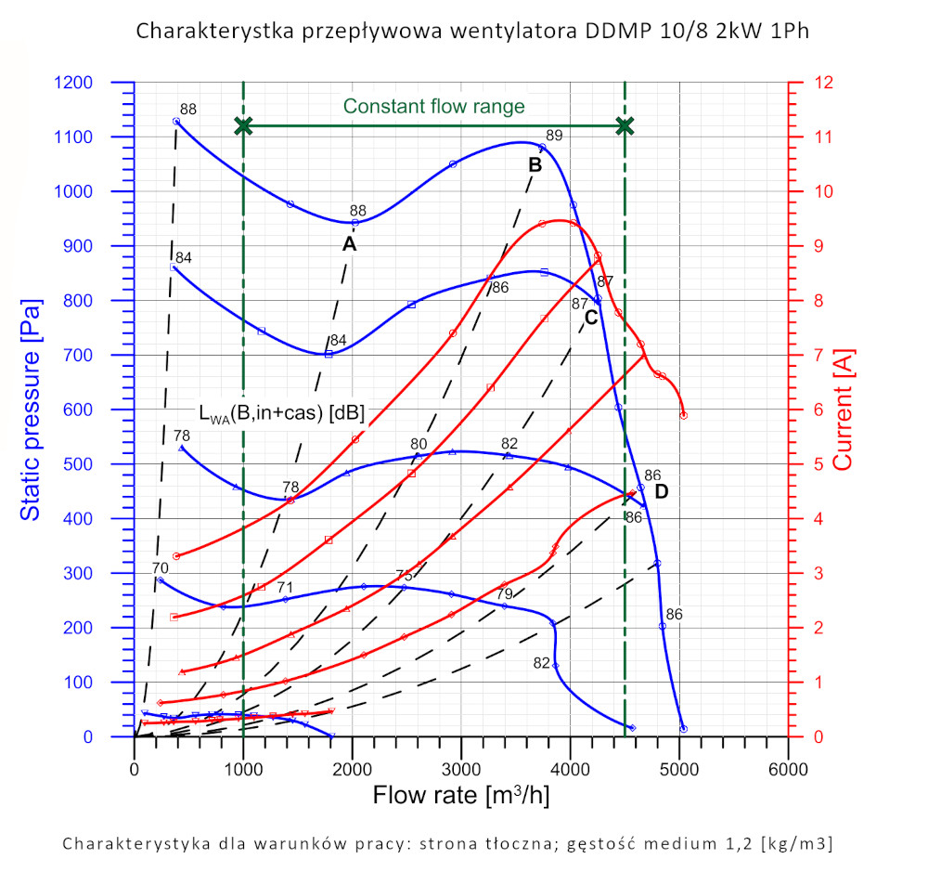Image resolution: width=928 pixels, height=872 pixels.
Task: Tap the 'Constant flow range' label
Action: click(x=433, y=107)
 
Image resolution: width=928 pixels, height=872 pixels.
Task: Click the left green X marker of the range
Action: click(x=243, y=125)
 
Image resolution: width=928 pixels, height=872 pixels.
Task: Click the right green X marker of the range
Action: click(x=625, y=125)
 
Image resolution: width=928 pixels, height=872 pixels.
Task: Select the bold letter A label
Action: click(x=349, y=243)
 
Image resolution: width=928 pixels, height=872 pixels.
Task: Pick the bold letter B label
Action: click(x=535, y=165)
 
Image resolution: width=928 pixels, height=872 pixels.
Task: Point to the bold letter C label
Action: click(x=591, y=318)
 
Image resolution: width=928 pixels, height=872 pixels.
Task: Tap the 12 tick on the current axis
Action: click(x=822, y=83)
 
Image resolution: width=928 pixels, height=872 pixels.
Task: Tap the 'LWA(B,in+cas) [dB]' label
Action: click(x=282, y=411)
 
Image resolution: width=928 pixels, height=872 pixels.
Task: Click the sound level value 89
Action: click(x=554, y=136)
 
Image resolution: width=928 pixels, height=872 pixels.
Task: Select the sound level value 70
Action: click(x=160, y=567)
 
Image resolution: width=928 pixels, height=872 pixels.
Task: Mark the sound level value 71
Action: click(x=284, y=587)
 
